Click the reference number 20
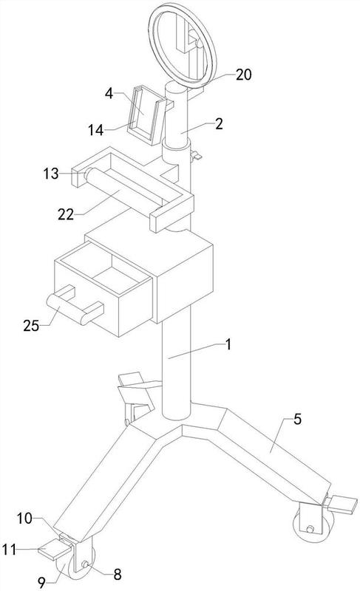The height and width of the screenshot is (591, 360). pyautogui.click(x=243, y=75)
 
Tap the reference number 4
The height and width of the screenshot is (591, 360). pyautogui.click(x=109, y=94)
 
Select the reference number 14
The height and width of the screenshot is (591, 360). pyautogui.click(x=96, y=130)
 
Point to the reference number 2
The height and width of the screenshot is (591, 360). pyautogui.click(x=219, y=123)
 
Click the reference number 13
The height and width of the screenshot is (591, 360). pyautogui.click(x=51, y=174)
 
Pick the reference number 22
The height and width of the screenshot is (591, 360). pyautogui.click(x=66, y=214)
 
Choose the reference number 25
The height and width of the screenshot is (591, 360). pyautogui.click(x=31, y=326)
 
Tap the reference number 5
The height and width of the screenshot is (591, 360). pyautogui.click(x=298, y=419)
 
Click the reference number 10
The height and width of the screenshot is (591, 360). pyautogui.click(x=24, y=519)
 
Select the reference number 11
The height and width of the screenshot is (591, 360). pyautogui.click(x=9, y=550)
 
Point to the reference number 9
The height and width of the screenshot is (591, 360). pyautogui.click(x=42, y=583)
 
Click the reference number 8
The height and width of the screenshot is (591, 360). pyautogui.click(x=118, y=575)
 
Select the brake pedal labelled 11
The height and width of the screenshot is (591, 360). pyautogui.click(x=54, y=548)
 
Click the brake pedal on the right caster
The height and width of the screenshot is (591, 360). pyautogui.click(x=342, y=505)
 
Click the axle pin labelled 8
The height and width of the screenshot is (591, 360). pyautogui.click(x=86, y=564)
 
